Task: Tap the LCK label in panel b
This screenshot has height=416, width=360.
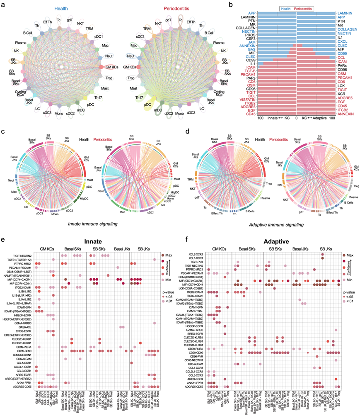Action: (x=341, y=86)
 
